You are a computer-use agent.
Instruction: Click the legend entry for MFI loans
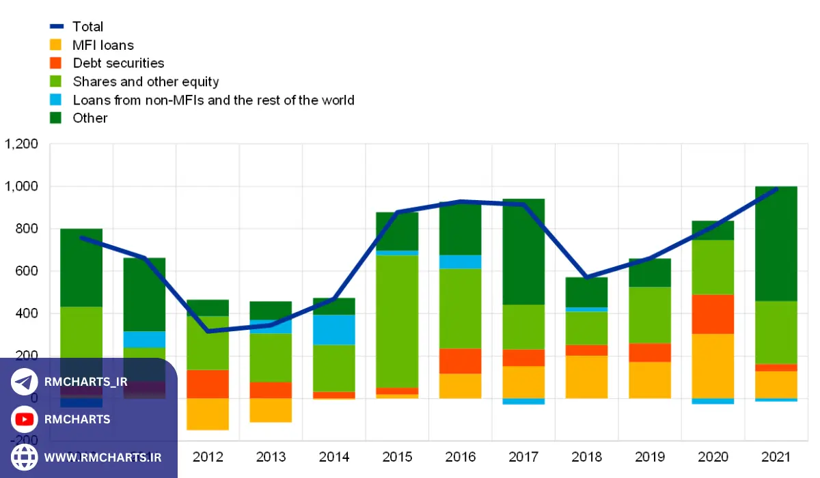click(102, 45)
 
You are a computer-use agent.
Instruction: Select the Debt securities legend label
click(118, 63)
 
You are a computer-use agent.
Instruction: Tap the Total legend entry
click(87, 27)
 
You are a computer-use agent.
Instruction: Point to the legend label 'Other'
click(90, 117)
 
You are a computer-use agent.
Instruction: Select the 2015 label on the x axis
click(396, 457)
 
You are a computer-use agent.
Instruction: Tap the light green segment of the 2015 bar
click(397, 321)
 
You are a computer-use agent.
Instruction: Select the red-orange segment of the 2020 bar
click(712, 314)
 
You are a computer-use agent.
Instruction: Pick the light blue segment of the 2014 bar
click(333, 330)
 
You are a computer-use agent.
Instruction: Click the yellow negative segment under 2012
click(207, 414)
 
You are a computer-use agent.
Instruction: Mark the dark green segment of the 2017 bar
click(523, 251)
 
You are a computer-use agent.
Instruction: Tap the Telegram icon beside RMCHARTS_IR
click(25, 382)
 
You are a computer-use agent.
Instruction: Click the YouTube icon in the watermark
click(25, 419)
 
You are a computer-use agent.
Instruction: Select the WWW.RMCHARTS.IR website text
click(102, 457)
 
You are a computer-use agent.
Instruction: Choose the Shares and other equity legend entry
click(146, 81)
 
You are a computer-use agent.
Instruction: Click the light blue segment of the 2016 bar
click(460, 262)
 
